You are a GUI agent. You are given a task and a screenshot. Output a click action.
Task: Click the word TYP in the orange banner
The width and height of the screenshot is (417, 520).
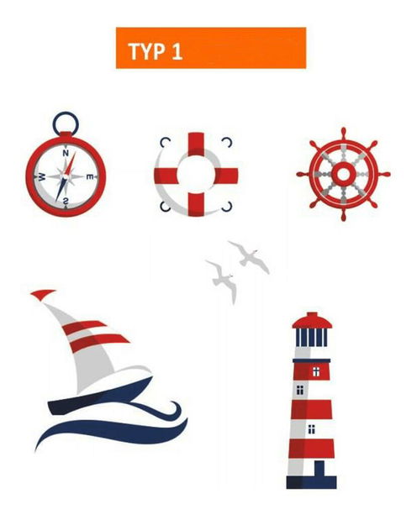[146, 51]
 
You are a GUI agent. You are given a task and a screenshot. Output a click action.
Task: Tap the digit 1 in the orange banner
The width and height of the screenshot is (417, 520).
[177, 51]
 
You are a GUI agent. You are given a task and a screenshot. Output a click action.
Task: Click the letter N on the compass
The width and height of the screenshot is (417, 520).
[66, 153]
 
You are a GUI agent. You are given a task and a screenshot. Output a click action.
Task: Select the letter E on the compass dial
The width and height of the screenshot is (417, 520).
[90, 176]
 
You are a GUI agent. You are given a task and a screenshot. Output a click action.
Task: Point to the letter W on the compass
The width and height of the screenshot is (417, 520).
[42, 177]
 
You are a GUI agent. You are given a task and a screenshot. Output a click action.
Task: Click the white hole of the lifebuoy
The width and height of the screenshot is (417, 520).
[196, 175]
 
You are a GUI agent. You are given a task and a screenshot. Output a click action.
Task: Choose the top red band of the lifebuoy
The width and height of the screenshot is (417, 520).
[196, 144]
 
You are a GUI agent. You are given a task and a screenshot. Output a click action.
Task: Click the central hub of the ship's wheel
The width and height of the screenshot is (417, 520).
[343, 174]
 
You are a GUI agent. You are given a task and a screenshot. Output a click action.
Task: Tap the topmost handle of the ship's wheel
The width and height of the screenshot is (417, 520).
[343, 134]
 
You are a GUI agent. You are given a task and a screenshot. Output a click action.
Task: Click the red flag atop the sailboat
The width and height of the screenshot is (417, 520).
[42, 294]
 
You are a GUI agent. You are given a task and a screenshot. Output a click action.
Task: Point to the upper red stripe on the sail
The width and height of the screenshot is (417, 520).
[83, 326]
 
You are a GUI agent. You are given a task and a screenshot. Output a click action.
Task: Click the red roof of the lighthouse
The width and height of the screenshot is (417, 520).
[312, 321]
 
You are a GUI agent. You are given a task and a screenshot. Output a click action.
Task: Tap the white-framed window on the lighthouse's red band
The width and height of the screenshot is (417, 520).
[316, 372]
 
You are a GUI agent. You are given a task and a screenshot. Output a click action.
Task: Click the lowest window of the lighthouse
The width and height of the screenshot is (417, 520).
[311, 429]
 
